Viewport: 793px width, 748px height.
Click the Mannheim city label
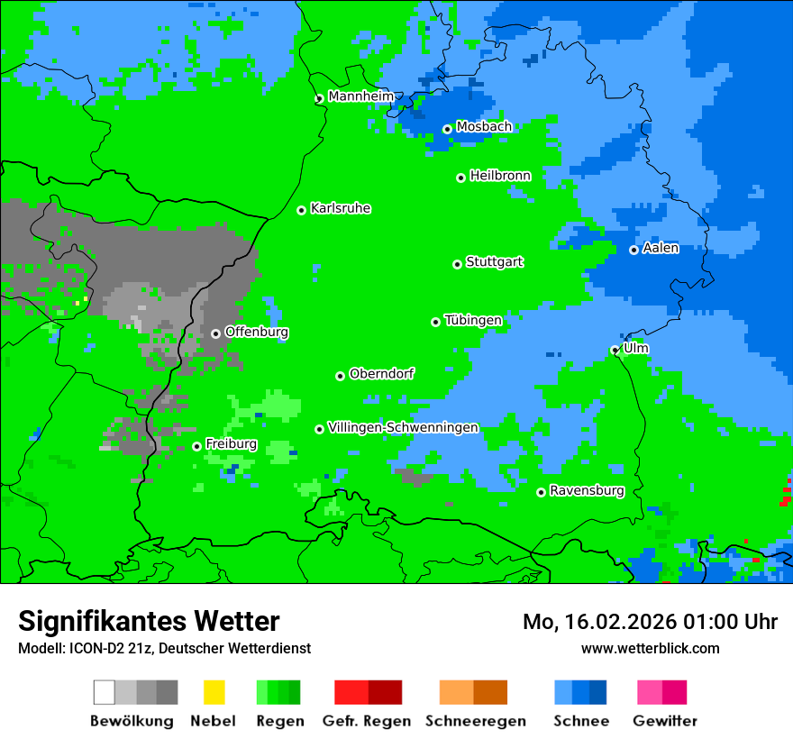click(x=360, y=96)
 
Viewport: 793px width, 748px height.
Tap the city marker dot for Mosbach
click(x=447, y=129)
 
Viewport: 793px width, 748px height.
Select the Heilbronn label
click(x=500, y=176)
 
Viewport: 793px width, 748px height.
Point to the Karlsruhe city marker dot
click(x=302, y=210)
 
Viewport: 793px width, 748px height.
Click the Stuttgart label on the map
click(x=494, y=262)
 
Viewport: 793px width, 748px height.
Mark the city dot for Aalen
click(x=633, y=250)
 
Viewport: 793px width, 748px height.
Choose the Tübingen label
click(x=473, y=320)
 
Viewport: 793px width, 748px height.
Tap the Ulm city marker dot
click(x=615, y=351)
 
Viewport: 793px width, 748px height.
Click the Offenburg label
click(x=257, y=332)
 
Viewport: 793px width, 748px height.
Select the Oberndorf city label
click(x=381, y=374)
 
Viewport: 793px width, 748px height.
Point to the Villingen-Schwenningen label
click(x=403, y=427)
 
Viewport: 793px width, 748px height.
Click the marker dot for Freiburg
click(x=196, y=446)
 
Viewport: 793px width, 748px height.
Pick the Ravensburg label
click(x=587, y=491)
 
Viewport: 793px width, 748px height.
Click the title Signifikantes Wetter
click(x=149, y=621)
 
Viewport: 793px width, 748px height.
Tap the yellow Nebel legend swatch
click(x=214, y=692)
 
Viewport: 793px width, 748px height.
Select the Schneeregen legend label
click(x=475, y=721)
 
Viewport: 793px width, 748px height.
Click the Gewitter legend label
click(x=664, y=721)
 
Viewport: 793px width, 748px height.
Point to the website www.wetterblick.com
click(x=650, y=648)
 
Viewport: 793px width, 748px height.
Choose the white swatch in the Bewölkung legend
click(x=105, y=692)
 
